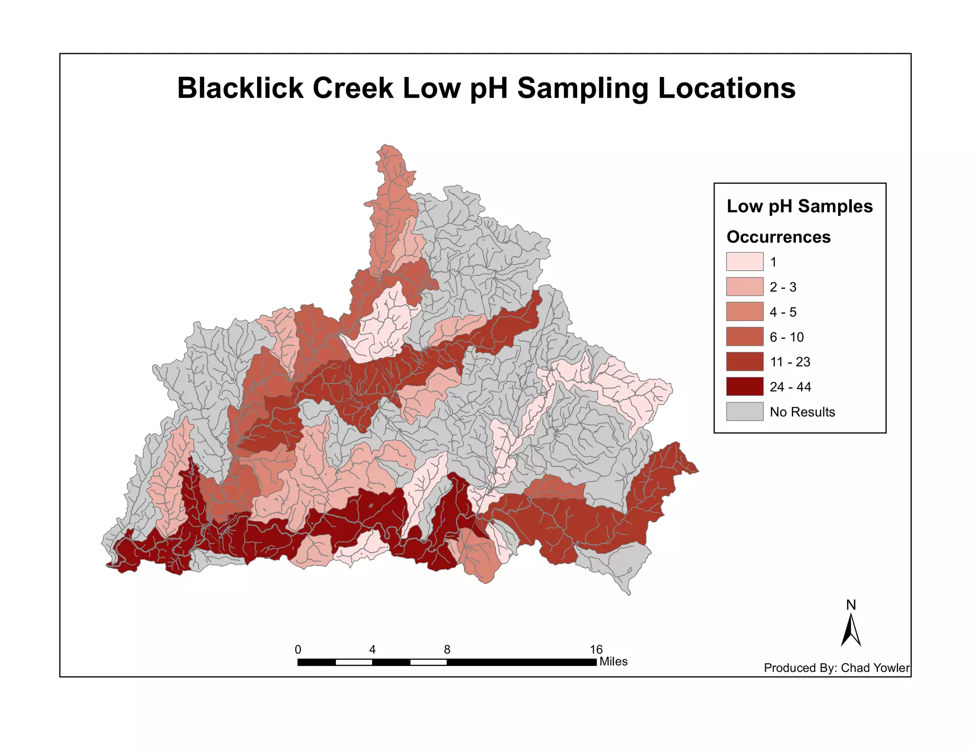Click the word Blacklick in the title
[x=240, y=88]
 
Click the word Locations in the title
[x=726, y=88]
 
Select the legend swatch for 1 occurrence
[x=744, y=262]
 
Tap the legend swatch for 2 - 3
[x=744, y=287]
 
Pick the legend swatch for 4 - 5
[x=744, y=312]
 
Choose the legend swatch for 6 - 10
[x=744, y=337]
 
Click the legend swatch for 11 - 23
[x=744, y=362]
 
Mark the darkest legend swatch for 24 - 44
[x=744, y=386]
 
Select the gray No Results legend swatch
[x=744, y=412]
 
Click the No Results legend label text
[x=802, y=412]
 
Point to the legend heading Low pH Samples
[x=800, y=207]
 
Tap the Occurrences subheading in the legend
[x=779, y=237]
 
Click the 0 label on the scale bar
[x=298, y=650]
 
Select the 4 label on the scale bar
[x=372, y=650]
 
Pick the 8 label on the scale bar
[x=447, y=650]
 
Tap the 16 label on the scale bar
[x=596, y=650]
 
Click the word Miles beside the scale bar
[x=613, y=662]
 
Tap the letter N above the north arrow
[x=851, y=605]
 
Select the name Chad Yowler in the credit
[x=875, y=668]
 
